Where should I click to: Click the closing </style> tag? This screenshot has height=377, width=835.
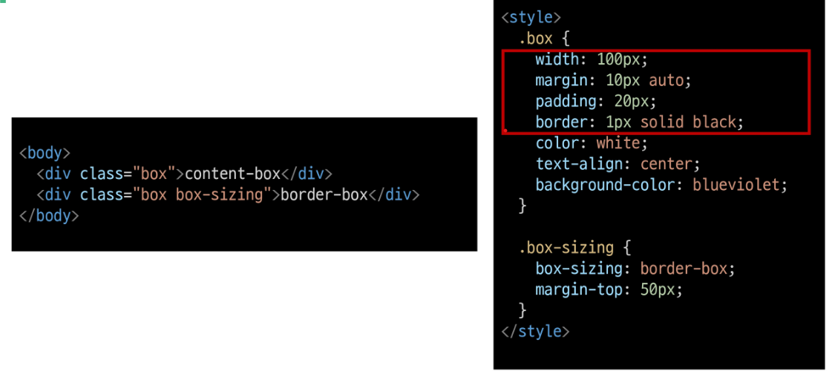[x=535, y=331]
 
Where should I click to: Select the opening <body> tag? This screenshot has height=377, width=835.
[x=45, y=153]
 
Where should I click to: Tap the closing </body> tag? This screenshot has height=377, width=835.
[x=49, y=216]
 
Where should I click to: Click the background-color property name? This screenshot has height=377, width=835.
[x=604, y=184]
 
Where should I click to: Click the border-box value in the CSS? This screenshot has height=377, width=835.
[x=684, y=269]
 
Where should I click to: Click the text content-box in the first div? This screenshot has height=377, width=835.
[x=232, y=174]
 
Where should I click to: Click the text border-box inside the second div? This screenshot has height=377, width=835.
[x=324, y=195]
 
